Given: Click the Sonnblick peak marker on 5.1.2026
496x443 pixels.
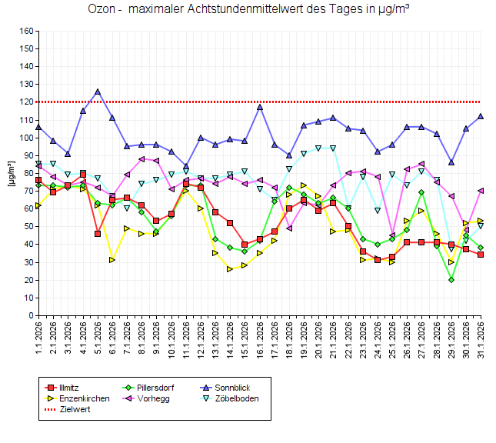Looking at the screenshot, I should pos(98,92).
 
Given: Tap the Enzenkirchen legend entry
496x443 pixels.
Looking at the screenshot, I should pos(84,398).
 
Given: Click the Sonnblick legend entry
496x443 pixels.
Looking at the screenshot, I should pos(231,387).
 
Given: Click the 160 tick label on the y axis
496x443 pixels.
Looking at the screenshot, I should pos(25,32).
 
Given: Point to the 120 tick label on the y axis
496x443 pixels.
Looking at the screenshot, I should pos(25,102).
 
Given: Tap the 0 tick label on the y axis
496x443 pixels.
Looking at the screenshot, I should pos(29,315).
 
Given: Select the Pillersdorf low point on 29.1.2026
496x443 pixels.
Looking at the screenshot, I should pos(451,280).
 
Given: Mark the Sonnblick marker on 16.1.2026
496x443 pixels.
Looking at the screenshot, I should pos(260,107).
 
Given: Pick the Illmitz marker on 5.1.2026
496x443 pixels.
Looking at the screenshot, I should pos(98,234).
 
